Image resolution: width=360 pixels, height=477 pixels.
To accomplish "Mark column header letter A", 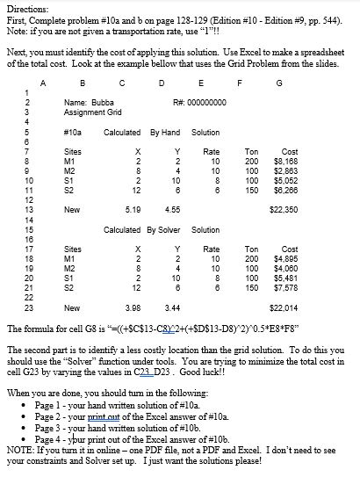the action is [x=43, y=84].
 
